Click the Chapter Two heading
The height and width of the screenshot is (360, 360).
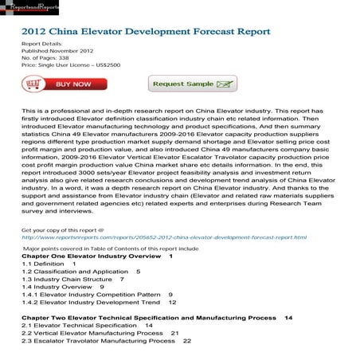point(151,318)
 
